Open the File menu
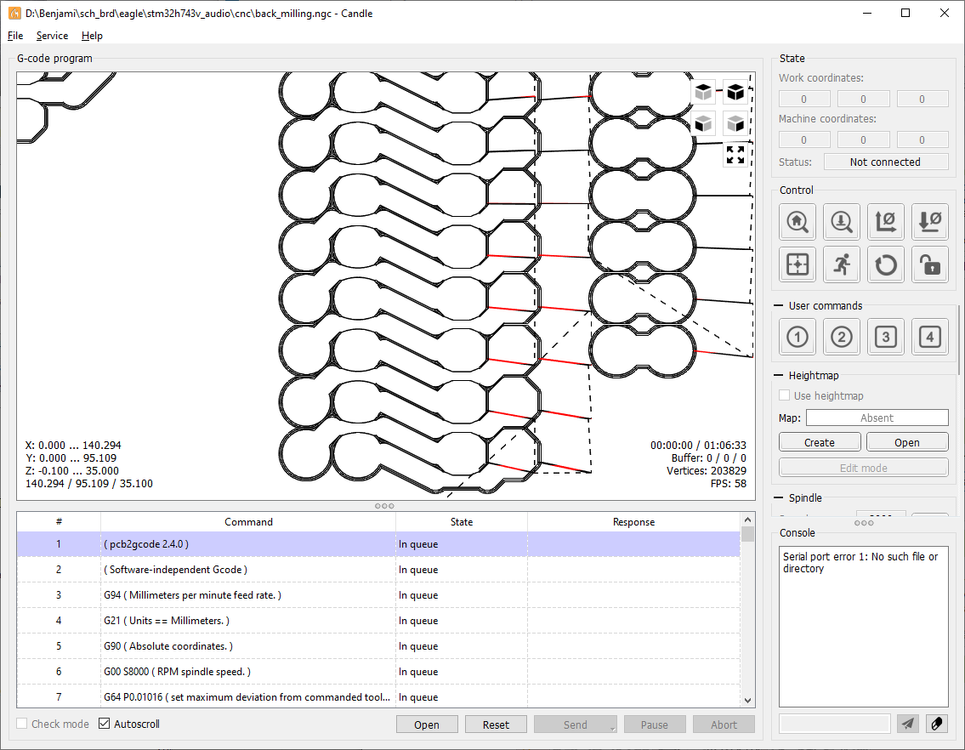[x=15, y=36]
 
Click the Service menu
[x=53, y=36]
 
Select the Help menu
[x=93, y=36]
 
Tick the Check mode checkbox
[x=22, y=724]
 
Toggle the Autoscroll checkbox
[x=105, y=724]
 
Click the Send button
[x=576, y=724]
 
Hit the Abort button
[x=724, y=724]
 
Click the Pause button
[x=654, y=724]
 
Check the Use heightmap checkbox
[x=784, y=395]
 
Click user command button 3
[x=886, y=337]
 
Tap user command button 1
[x=798, y=337]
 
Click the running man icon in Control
[x=842, y=264]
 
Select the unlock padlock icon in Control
[x=930, y=264]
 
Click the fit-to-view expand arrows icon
[x=735, y=155]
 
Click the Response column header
[x=634, y=522]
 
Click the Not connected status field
[x=886, y=162]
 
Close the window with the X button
[x=945, y=13]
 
